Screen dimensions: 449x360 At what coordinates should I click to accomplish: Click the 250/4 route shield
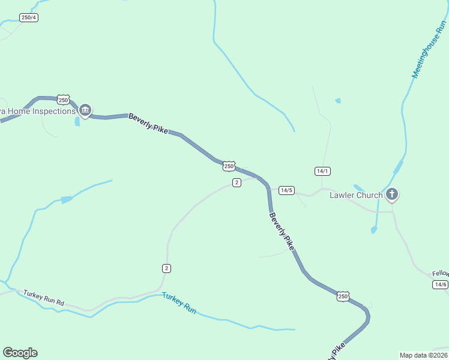tap(29, 17)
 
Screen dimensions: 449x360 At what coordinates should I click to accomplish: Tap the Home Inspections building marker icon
tap(85, 110)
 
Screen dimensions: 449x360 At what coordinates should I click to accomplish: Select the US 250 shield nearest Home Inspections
tap(64, 100)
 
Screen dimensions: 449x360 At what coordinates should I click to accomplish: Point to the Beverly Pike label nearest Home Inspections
tap(148, 124)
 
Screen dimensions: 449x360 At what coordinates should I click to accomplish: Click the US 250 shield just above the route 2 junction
tap(229, 166)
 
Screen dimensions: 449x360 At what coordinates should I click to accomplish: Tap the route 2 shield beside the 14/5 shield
tap(237, 182)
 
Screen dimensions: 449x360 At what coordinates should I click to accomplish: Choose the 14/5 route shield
tap(286, 190)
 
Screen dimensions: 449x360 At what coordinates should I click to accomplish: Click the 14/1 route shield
tap(322, 171)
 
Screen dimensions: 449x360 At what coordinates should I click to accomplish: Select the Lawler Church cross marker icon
tap(392, 194)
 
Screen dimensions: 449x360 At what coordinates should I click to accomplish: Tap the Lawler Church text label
tap(356, 195)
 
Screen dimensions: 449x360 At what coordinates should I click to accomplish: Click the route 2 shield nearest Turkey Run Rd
tap(166, 268)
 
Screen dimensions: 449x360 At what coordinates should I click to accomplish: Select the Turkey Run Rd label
tap(44, 298)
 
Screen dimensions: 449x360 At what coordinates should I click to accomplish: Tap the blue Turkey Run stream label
tap(179, 303)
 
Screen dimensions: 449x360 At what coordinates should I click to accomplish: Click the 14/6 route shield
tap(441, 284)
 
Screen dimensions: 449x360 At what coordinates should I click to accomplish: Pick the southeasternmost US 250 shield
tap(343, 296)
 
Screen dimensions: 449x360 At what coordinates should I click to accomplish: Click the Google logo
tap(20, 353)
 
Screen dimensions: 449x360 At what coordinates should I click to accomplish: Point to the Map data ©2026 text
tap(423, 355)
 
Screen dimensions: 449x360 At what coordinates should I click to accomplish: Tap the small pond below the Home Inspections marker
tap(77, 122)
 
